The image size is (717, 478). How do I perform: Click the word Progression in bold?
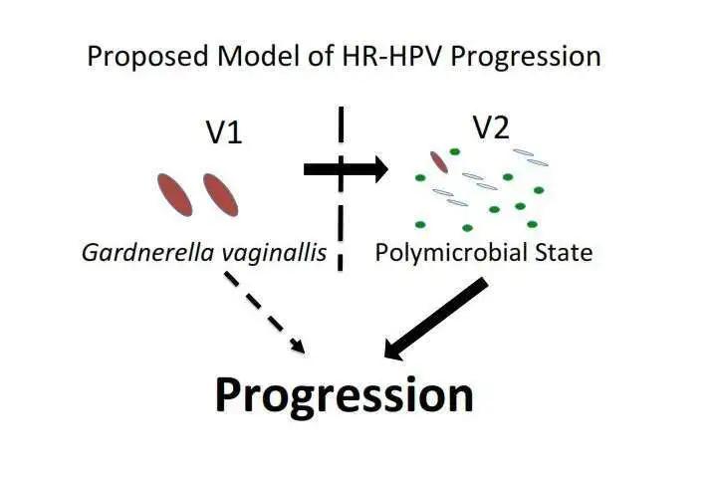[345, 394]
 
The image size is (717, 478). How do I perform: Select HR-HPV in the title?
[388, 55]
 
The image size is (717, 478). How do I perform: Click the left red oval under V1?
[175, 194]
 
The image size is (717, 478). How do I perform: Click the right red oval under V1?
[221, 194]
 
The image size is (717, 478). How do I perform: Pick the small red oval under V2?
[438, 161]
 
